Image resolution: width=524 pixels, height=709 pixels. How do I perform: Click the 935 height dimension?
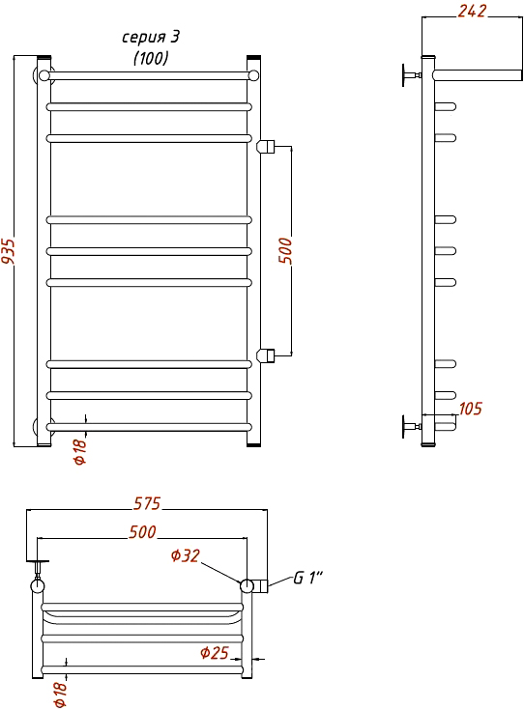pos(8,251)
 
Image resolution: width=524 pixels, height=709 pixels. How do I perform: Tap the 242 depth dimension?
pos(472,11)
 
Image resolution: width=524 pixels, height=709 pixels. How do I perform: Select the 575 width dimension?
pos(147,503)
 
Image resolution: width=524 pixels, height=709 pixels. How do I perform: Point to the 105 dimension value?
pos(471,409)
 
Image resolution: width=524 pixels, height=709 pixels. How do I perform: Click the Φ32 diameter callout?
pos(185,555)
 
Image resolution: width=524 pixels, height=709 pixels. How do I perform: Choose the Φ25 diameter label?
pos(215,653)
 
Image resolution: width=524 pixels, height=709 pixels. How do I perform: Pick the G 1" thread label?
pos(308,578)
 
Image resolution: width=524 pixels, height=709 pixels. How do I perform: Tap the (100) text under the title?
pos(151,58)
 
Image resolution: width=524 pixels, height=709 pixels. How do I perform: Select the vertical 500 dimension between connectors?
pos(285,250)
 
